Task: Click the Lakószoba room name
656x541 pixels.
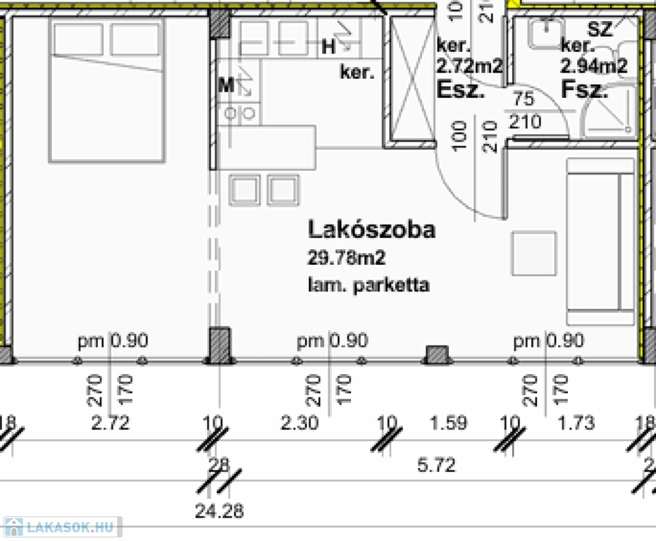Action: point(371,230)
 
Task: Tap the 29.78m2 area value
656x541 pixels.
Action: point(346,258)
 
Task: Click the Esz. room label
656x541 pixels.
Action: point(462,89)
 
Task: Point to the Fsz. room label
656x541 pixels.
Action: point(584,89)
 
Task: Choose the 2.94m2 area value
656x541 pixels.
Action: point(593,67)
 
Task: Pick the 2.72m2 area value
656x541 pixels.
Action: point(469,67)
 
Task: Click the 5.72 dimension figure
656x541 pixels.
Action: point(437,465)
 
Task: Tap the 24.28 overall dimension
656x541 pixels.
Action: point(220,511)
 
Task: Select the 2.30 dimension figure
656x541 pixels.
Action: point(299,423)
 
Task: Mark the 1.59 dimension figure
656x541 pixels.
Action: point(449,423)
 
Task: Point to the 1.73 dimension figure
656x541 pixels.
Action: point(576,423)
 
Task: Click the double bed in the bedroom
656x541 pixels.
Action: point(106,89)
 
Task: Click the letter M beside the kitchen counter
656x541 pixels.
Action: point(226,85)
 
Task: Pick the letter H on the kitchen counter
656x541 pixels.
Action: point(328,47)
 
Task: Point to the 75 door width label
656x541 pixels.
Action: point(524,99)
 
